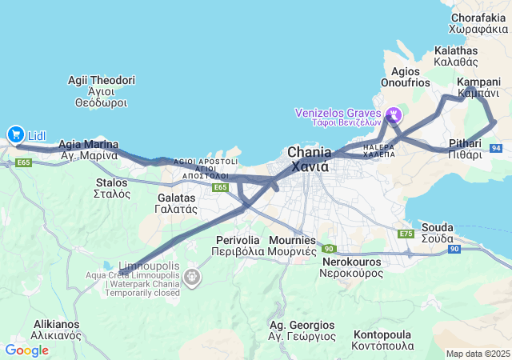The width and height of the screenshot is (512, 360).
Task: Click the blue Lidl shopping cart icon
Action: pyautogui.click(x=15, y=135)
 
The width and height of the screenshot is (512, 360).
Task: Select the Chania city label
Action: pyautogui.click(x=308, y=159)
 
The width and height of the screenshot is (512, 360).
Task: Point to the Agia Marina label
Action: pyautogui.click(x=89, y=150)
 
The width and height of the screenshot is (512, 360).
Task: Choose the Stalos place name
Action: pyautogui.click(x=111, y=188)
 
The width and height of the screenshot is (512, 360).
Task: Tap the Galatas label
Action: pyautogui.click(x=176, y=202)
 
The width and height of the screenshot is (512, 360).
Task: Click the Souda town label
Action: pyautogui.click(x=437, y=233)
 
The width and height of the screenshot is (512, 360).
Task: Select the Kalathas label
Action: pyautogui.click(x=455, y=55)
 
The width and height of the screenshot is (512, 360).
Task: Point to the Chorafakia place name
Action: pyautogui.click(x=478, y=22)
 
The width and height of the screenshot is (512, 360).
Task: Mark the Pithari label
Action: pyautogui.click(x=465, y=149)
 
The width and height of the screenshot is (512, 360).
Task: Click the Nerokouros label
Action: pyautogui.click(x=353, y=267)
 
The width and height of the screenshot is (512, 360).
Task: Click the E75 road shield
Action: pyautogui.click(x=406, y=234)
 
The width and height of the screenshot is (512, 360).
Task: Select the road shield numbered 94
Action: pyautogui.click(x=497, y=148)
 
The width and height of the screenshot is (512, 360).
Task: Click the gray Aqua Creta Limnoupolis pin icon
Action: pyautogui.click(x=192, y=278)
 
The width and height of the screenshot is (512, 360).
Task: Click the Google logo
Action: pyautogui.click(x=26, y=350)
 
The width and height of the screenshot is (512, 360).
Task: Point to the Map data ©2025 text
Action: pyautogui.click(x=478, y=354)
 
